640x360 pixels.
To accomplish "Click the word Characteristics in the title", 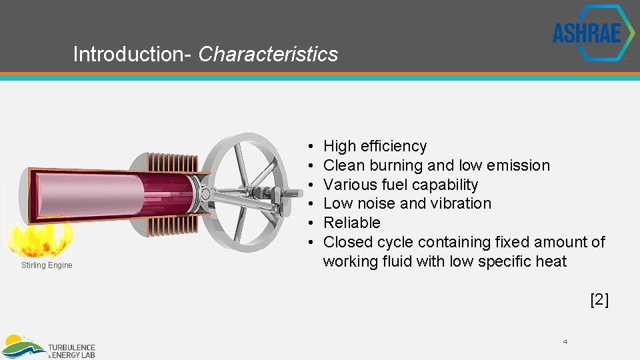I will [x=268, y=54].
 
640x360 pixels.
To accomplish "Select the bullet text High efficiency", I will [x=375, y=146].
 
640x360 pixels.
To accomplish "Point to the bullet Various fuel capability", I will [x=400, y=185].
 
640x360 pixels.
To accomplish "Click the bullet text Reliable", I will [x=351, y=223].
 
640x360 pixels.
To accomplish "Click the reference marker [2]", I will [x=599, y=300].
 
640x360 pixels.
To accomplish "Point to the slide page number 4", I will [x=565, y=342].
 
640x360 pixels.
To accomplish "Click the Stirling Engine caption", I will [x=47, y=265].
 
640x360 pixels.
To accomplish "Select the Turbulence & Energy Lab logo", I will [x=50, y=347].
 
